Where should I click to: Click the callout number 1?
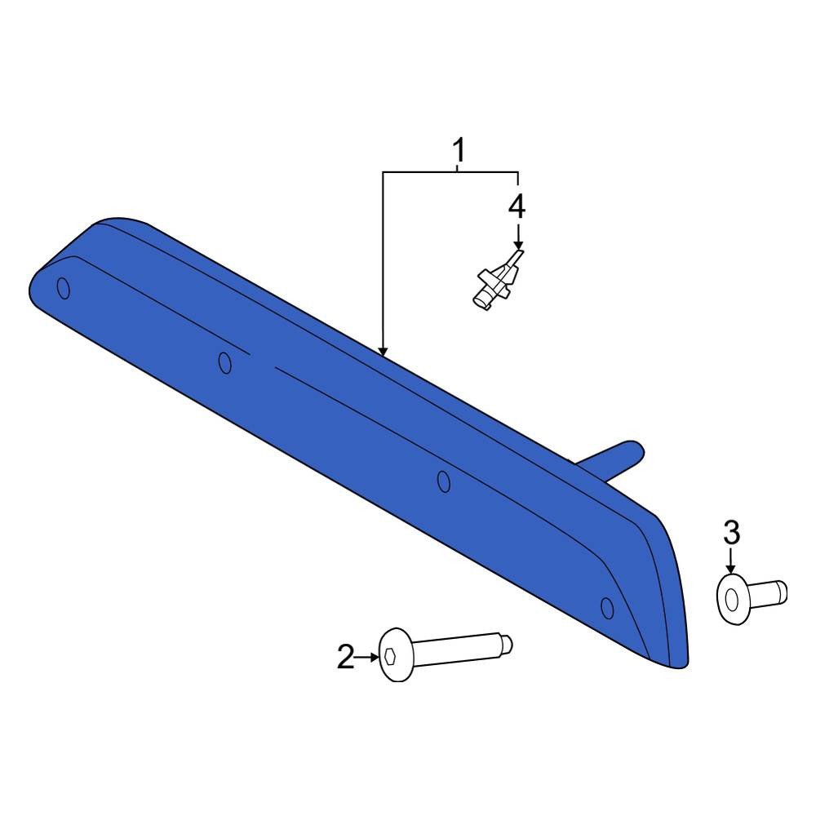tap(459, 150)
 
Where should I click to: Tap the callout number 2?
tap(345, 656)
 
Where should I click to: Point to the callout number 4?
tap(517, 206)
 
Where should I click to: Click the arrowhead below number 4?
tap(518, 245)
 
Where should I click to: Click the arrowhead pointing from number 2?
tap(375, 657)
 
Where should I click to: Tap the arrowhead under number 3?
tap(732, 570)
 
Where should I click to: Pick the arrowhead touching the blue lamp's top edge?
tap(383, 352)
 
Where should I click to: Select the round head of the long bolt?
tap(396, 654)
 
